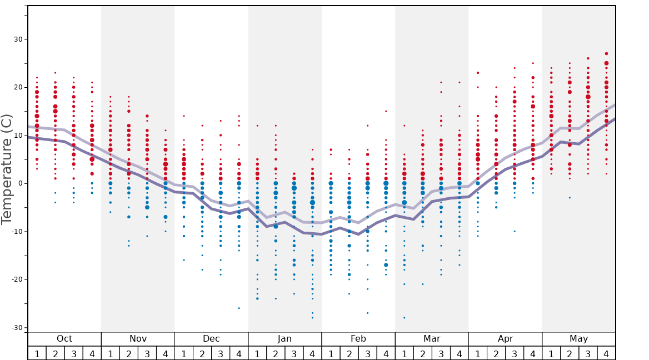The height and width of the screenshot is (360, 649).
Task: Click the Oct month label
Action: (64, 339)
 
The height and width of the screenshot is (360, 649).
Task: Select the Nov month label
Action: (138, 339)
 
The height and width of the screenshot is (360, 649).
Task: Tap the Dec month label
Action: (211, 339)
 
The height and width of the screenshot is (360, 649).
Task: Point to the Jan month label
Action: (284, 339)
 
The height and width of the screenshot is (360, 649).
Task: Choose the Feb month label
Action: (358, 339)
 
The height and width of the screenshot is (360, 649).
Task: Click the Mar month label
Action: (432, 339)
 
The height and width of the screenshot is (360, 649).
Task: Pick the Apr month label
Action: (505, 339)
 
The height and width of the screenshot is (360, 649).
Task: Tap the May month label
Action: (578, 339)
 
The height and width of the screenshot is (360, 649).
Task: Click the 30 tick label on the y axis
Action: (18, 39)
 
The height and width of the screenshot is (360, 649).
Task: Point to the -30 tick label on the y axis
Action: (17, 328)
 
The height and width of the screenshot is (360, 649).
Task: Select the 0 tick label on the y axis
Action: (21, 183)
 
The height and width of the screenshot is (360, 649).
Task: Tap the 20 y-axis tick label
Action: (18, 88)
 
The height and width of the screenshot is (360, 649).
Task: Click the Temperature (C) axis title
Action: (7, 169)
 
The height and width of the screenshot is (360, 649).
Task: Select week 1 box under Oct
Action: (37, 353)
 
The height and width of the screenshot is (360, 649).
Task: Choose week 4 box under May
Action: (606, 353)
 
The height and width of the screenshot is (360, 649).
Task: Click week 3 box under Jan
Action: (294, 353)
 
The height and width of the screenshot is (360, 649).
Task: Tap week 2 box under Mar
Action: (422, 353)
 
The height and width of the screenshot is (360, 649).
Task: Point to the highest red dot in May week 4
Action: (606, 54)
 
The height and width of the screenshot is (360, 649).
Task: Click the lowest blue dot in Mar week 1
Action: (404, 318)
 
